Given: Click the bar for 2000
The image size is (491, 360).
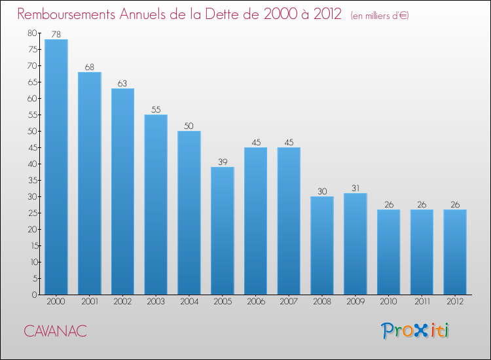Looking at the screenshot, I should (56, 167).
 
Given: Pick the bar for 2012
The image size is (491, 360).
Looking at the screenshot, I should (455, 252).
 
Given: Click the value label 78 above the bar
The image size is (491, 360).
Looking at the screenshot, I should (56, 34).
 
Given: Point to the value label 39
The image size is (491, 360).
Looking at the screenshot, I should (223, 162).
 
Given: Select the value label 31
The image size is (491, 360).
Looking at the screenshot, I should (355, 188).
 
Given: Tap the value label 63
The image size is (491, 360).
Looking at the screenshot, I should (122, 83).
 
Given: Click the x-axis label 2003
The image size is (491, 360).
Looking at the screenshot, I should (156, 302).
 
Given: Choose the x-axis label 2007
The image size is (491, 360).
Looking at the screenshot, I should (289, 302).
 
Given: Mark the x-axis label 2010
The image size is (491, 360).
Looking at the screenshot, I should (389, 302).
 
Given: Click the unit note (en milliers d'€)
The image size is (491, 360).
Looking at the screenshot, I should (380, 16).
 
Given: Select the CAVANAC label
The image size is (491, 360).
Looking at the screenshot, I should (56, 331).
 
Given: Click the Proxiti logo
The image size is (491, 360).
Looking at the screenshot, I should (416, 331).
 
